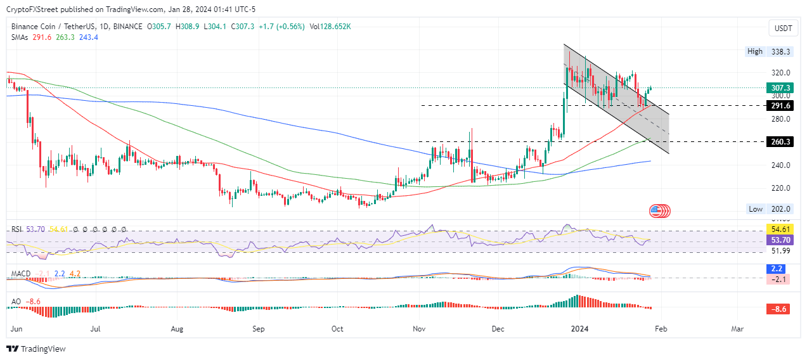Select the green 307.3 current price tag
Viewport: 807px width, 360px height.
pyautogui.click(x=780, y=88)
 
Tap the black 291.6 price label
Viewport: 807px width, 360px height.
pyautogui.click(x=780, y=105)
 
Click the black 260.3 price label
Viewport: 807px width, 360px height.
pyautogui.click(x=780, y=142)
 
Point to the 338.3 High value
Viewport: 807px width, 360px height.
pyautogui.click(x=780, y=51)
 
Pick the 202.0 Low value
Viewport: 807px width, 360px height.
pyautogui.click(x=780, y=209)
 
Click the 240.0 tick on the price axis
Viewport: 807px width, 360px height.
pyautogui.click(x=780, y=165)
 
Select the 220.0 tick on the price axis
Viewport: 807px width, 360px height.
pyautogui.click(x=780, y=188)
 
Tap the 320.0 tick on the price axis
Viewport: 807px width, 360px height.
pyautogui.click(x=780, y=73)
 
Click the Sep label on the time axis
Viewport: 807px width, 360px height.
pyautogui.click(x=259, y=330)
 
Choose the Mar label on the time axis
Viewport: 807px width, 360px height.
pyautogui.click(x=737, y=330)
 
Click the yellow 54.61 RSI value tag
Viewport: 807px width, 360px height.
pyautogui.click(x=780, y=228)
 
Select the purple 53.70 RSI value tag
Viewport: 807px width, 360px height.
pyautogui.click(x=780, y=241)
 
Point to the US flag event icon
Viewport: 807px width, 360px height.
pyautogui.click(x=660, y=210)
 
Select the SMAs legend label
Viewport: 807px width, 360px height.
pyautogui.click(x=22, y=37)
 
